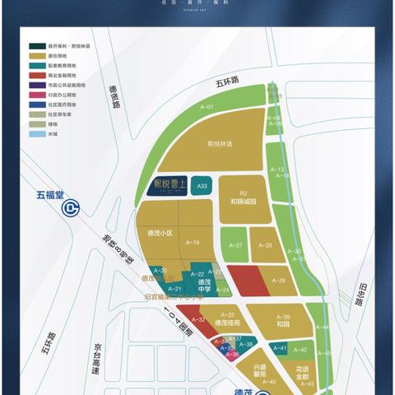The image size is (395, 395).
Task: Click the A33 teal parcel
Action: tap(202, 187)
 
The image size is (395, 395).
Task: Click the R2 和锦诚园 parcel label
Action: tap(244, 194)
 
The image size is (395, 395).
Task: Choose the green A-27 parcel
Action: tap(237, 245)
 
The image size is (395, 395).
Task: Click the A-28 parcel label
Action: tap(265, 245)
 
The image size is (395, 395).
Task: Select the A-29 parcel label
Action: tap(277, 281)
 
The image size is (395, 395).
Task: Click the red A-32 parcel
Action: tap(197, 318)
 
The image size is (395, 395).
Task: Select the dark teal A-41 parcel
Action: tap(279, 349)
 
